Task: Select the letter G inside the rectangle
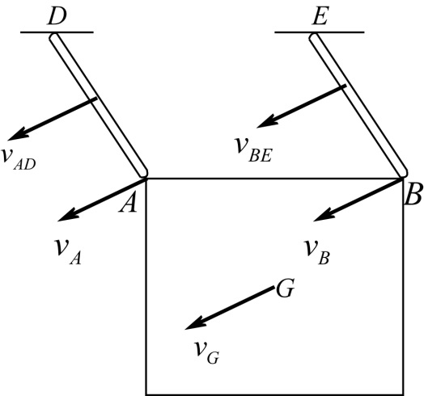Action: (284, 289)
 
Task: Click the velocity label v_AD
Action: (23, 157)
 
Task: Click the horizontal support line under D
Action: (57, 32)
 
